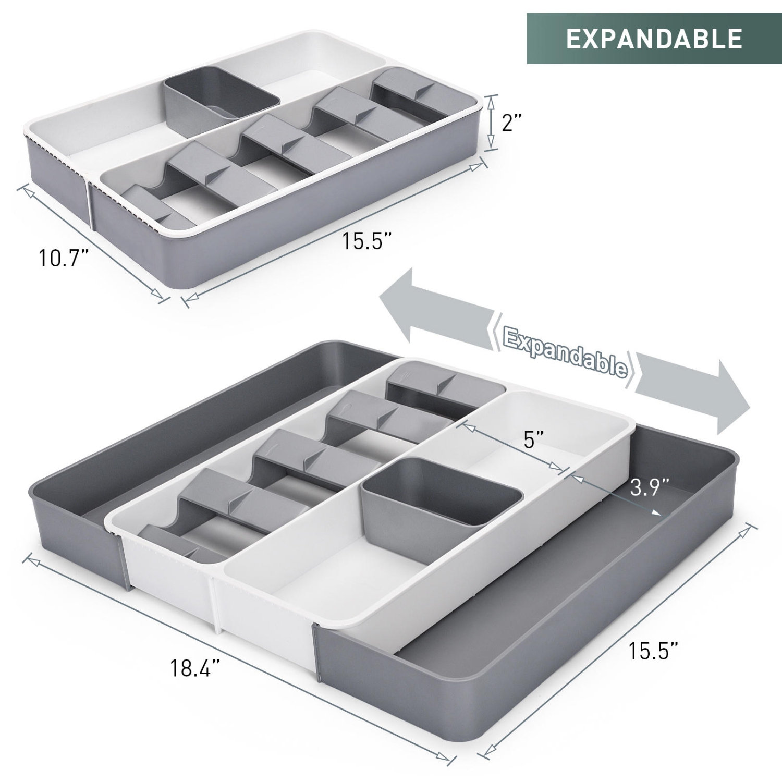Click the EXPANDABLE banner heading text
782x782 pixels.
tap(654, 39)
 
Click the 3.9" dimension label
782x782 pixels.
tap(649, 488)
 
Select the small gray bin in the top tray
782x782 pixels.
tap(221, 97)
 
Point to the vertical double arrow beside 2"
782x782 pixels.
tap(490, 123)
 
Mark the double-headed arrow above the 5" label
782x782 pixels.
tap(511, 448)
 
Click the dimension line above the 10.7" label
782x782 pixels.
tap(94, 242)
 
